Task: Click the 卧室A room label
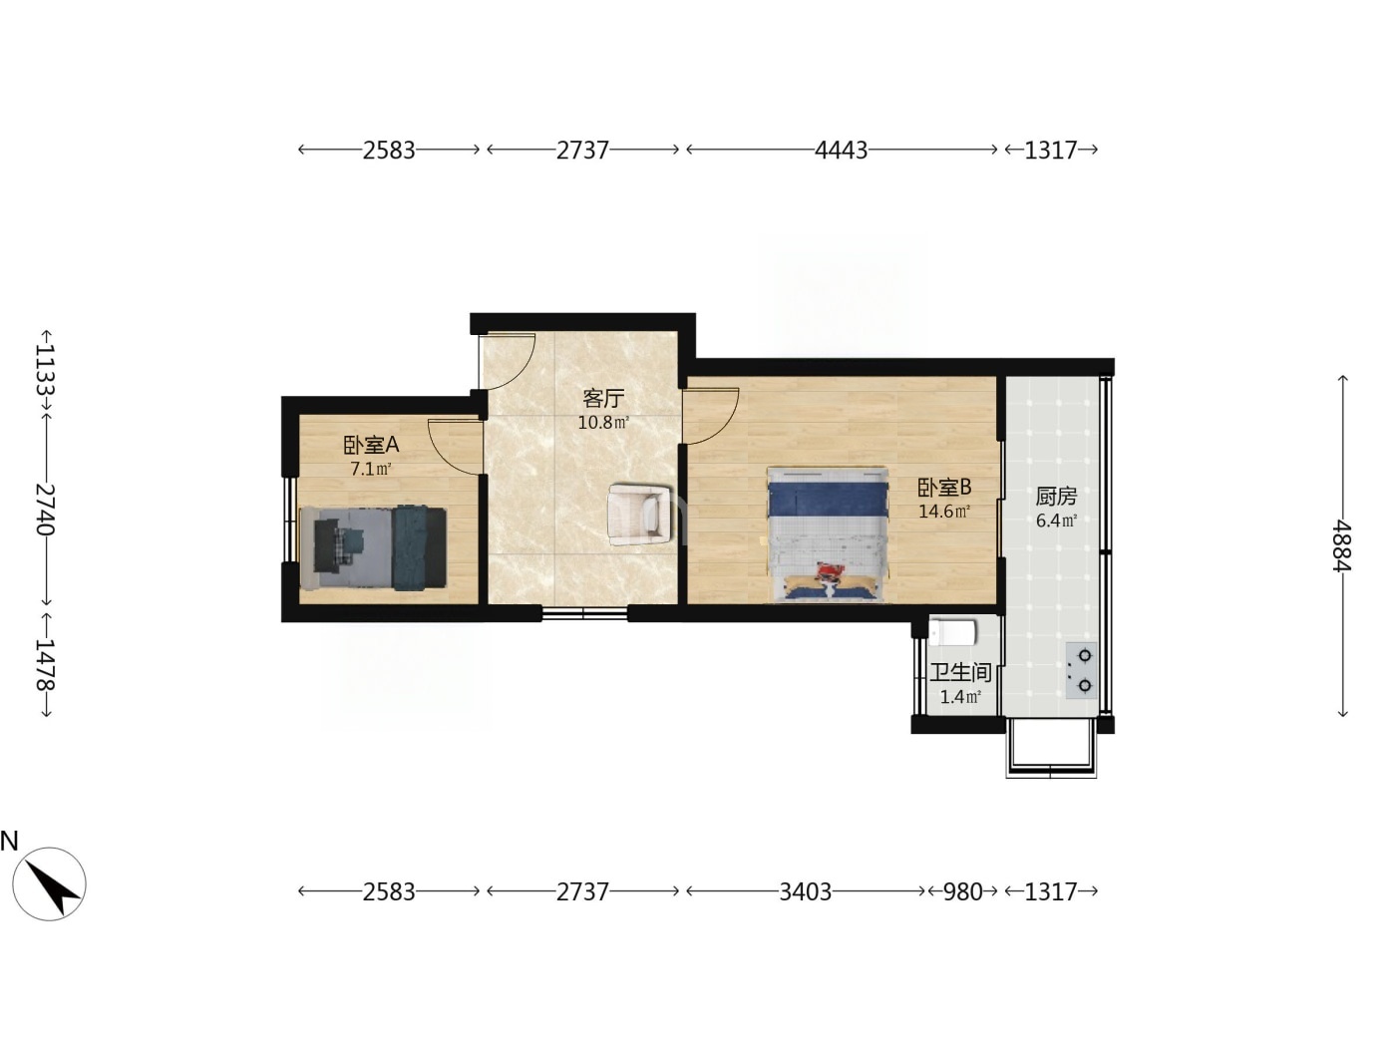[371, 445]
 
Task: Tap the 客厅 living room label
[603, 399]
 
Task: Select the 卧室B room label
[944, 488]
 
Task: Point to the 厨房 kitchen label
[1056, 497]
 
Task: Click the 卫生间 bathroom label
[960, 672]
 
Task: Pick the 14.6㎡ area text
[944, 512]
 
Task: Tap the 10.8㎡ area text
[603, 422]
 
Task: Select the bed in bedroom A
[373, 547]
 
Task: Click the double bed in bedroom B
[828, 534]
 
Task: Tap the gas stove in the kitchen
[1081, 671]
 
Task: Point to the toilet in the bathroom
[952, 632]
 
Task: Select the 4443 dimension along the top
[841, 150]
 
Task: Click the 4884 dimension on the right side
[1343, 546]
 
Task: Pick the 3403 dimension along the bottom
[805, 891]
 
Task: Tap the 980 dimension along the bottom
[962, 891]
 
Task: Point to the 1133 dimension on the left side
[46, 370]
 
